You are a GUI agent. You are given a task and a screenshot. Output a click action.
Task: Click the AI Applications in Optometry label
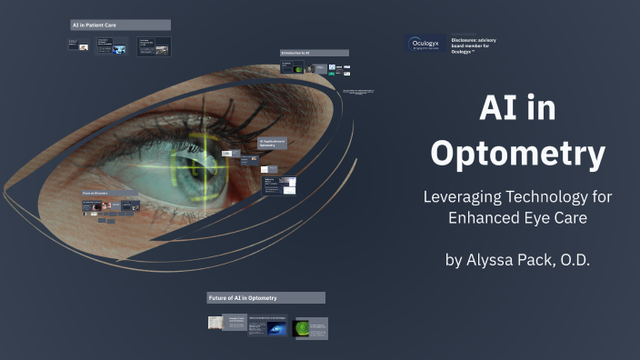tap(274, 143)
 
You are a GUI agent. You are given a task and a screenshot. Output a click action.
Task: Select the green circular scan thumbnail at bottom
tap(303, 327)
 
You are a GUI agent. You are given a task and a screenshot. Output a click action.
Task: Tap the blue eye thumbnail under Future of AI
tap(275, 328)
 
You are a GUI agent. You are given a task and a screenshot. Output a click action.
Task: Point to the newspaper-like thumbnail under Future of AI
tap(215, 323)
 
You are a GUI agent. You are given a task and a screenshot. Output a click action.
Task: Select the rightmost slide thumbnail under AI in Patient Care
tap(154, 46)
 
